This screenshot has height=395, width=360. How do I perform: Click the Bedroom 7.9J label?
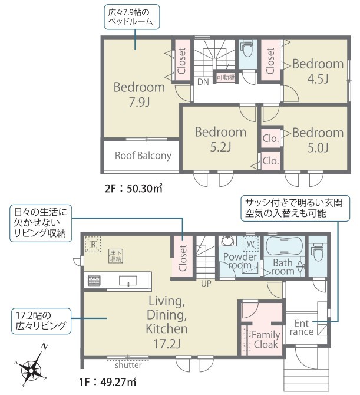(139, 94)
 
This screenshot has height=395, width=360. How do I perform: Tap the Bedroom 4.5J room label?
(318, 71)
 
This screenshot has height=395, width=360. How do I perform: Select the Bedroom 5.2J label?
(220, 139)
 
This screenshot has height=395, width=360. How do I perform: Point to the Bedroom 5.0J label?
(318, 140)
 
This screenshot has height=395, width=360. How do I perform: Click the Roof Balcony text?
(143, 156)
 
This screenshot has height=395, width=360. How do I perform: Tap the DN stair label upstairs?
(203, 81)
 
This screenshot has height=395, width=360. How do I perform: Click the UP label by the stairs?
(206, 284)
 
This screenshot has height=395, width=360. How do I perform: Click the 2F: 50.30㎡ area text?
(133, 189)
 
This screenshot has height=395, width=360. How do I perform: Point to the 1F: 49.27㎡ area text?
(108, 383)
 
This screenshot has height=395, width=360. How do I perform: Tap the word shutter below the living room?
(128, 365)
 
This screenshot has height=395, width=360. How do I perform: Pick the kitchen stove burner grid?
(94, 281)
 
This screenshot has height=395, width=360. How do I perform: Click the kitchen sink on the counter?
(128, 281)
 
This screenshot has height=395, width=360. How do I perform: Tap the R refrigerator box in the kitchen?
(93, 244)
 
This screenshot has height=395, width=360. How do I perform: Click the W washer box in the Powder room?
(251, 243)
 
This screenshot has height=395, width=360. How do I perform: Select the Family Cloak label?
(266, 340)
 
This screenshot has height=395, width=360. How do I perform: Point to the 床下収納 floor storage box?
(116, 256)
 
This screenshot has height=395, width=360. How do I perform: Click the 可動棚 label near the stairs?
(226, 78)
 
